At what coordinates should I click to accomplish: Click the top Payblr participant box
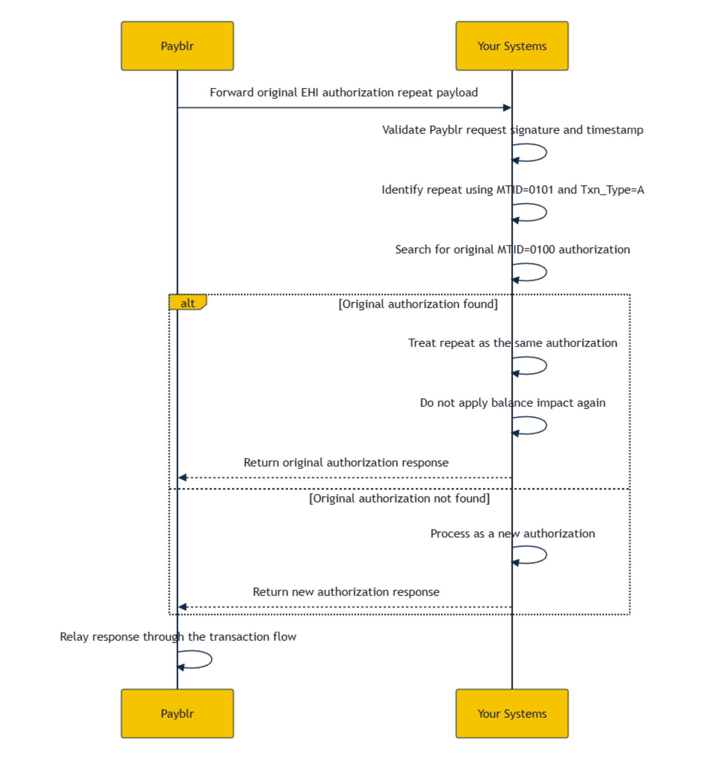tap(177, 46)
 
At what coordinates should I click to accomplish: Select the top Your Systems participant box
tap(512, 46)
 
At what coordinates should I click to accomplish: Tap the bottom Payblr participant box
tap(177, 713)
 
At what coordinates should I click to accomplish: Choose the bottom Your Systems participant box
tap(512, 713)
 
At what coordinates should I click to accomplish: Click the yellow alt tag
tap(187, 303)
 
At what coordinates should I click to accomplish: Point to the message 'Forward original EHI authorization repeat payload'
tap(344, 92)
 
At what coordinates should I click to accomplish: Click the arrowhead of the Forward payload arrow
tap(507, 108)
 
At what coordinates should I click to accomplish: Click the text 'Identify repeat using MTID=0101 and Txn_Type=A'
tap(513, 190)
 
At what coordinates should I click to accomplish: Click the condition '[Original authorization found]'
tap(418, 304)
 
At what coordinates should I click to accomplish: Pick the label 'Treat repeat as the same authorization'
tap(513, 343)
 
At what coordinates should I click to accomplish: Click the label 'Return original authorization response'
tap(346, 462)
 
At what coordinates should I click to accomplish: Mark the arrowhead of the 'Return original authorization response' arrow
tap(182, 477)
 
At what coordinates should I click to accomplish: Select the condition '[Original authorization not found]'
tap(399, 499)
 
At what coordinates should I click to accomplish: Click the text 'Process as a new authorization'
tap(513, 534)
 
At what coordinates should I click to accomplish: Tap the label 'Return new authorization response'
tap(346, 592)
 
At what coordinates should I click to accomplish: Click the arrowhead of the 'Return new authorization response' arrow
tap(182, 607)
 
